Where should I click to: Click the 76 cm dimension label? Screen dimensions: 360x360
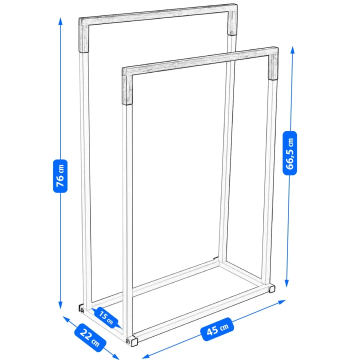pos(60,176)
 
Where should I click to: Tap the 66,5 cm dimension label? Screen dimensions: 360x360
pos(289,153)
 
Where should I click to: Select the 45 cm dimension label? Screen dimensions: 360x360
pos(217,329)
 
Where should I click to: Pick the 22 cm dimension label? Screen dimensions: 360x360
pos(90,338)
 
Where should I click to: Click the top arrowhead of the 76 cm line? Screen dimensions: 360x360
pos(60,20)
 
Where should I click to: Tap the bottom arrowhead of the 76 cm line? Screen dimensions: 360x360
pos(60,305)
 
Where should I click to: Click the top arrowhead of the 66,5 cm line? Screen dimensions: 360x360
pos(292,50)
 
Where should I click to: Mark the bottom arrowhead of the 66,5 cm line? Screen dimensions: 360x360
pos(287,283)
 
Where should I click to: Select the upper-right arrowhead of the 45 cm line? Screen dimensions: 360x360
pos(282,301)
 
